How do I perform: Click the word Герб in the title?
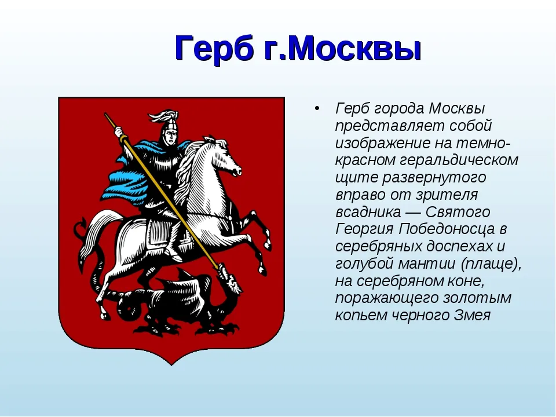click(214, 49)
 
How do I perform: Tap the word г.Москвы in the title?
click(342, 48)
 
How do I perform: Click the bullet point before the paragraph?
click(317, 108)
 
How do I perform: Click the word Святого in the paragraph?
click(458, 212)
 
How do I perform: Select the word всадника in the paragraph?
click(368, 212)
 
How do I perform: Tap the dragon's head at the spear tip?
click(231, 280)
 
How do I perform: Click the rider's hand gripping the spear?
click(119, 133)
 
